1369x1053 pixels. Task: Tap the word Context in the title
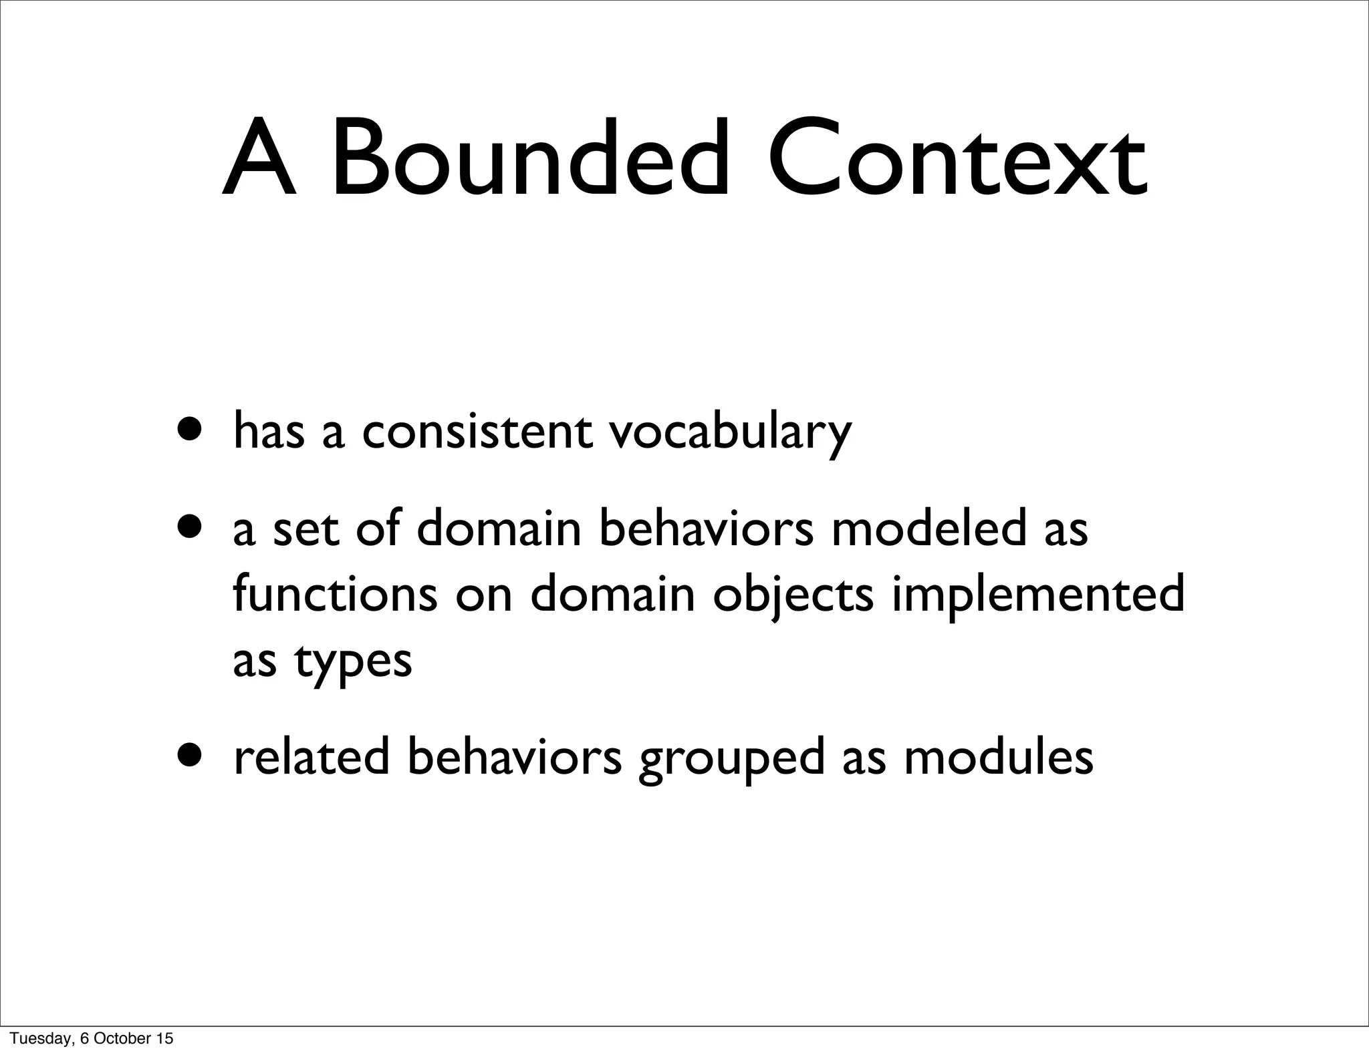[x=957, y=160]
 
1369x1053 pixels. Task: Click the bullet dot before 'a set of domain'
[x=191, y=526]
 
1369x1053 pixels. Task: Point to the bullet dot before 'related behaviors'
[x=191, y=755]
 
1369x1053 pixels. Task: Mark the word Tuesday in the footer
[x=35, y=1038]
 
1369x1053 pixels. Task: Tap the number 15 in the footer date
[x=165, y=1038]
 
